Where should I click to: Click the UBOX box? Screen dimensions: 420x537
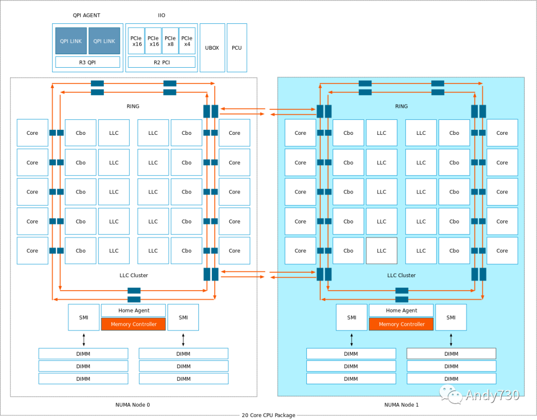[212, 48]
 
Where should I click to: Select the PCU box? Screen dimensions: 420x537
[237, 48]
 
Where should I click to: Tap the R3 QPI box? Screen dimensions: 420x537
[88, 62]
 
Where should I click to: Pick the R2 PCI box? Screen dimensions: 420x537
[162, 62]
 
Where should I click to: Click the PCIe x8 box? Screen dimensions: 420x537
[171, 41]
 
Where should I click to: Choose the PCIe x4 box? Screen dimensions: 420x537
[187, 41]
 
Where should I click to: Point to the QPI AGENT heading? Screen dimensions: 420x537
[87, 15]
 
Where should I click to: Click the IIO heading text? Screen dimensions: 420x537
[162, 15]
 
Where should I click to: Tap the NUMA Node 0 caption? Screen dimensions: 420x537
[133, 405]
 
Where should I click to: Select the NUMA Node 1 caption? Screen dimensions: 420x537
[401, 405]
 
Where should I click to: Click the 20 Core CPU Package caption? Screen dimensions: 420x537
[268, 415]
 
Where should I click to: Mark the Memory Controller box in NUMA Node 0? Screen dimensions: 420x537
[133, 324]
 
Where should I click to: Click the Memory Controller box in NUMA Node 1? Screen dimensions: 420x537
[401, 324]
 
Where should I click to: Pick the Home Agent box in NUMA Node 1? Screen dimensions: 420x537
[401, 311]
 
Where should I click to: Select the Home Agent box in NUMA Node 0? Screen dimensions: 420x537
[133, 311]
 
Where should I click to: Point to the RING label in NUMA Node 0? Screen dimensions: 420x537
[133, 106]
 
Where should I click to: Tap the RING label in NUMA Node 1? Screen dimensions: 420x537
[401, 106]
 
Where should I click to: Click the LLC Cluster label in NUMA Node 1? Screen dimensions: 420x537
[401, 275]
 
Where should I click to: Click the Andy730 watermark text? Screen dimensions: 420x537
[492, 396]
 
